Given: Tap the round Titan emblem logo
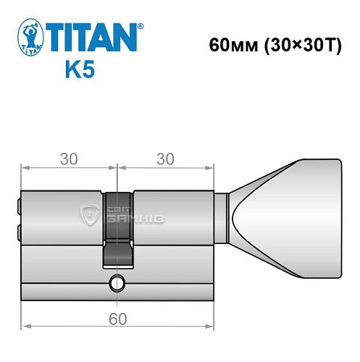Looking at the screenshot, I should pos(29,38).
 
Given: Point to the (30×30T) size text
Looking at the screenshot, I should pos(297,44).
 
